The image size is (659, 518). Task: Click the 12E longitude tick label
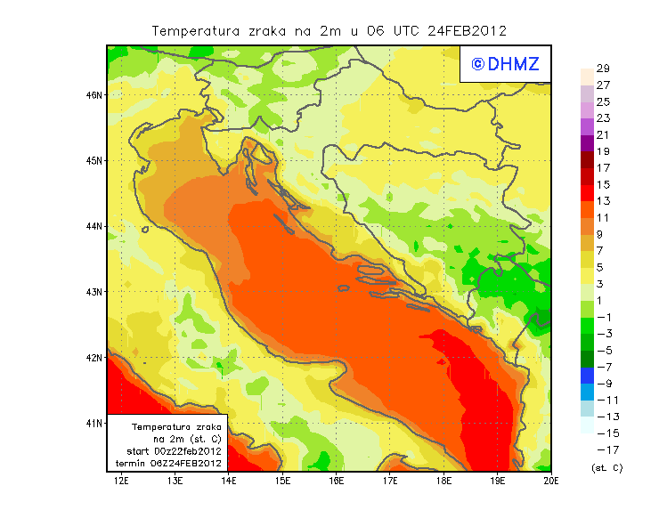[121, 482]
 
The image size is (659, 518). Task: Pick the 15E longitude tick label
[282, 482]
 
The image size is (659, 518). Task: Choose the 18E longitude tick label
[443, 482]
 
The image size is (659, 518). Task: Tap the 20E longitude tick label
[551, 482]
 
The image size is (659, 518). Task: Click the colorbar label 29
[603, 69]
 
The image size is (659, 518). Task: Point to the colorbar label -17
[603, 449]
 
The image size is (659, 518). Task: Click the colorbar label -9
[603, 384]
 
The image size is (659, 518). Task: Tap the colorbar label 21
[603, 135]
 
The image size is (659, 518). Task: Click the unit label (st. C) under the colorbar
[606, 467]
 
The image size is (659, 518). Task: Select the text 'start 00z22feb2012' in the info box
[168, 452]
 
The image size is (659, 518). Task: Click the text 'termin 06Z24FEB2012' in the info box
[168, 464]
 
